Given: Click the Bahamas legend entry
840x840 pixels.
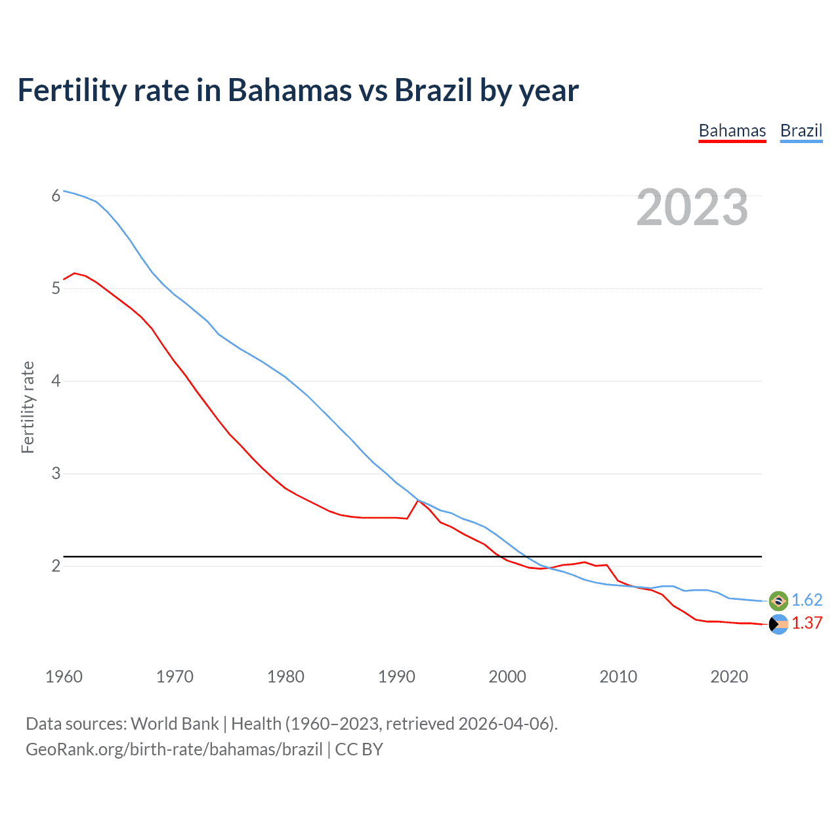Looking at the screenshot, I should tap(732, 131).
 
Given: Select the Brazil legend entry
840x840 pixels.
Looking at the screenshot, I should tap(801, 131).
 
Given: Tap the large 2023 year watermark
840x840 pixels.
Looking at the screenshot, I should tap(692, 207).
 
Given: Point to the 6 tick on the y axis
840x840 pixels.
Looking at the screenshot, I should tap(56, 196).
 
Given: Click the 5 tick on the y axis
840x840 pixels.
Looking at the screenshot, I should tap(56, 288).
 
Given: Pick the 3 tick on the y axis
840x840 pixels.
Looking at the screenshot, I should tap(56, 473).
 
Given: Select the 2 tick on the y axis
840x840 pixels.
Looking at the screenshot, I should tap(56, 566).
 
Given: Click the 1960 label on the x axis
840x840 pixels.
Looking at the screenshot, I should tap(64, 677).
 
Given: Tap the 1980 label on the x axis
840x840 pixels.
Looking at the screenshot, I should tap(285, 677).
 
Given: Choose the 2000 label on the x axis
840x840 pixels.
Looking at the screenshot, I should tap(507, 677).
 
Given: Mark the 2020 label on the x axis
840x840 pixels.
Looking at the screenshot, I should tap(729, 677).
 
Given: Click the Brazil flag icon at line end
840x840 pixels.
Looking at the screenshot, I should tap(778, 600).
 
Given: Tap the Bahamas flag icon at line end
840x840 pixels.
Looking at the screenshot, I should tap(778, 624).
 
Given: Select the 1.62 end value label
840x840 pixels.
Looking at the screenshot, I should tap(807, 600).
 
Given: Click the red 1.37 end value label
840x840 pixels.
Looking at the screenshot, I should tap(807, 623).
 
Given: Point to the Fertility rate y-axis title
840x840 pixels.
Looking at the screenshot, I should tap(28, 407).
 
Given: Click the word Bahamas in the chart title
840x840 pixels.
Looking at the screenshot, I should tap(289, 91).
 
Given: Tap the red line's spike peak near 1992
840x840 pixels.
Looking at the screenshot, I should tap(419, 501).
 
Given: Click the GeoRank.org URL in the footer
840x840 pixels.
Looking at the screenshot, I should tap(174, 749).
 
